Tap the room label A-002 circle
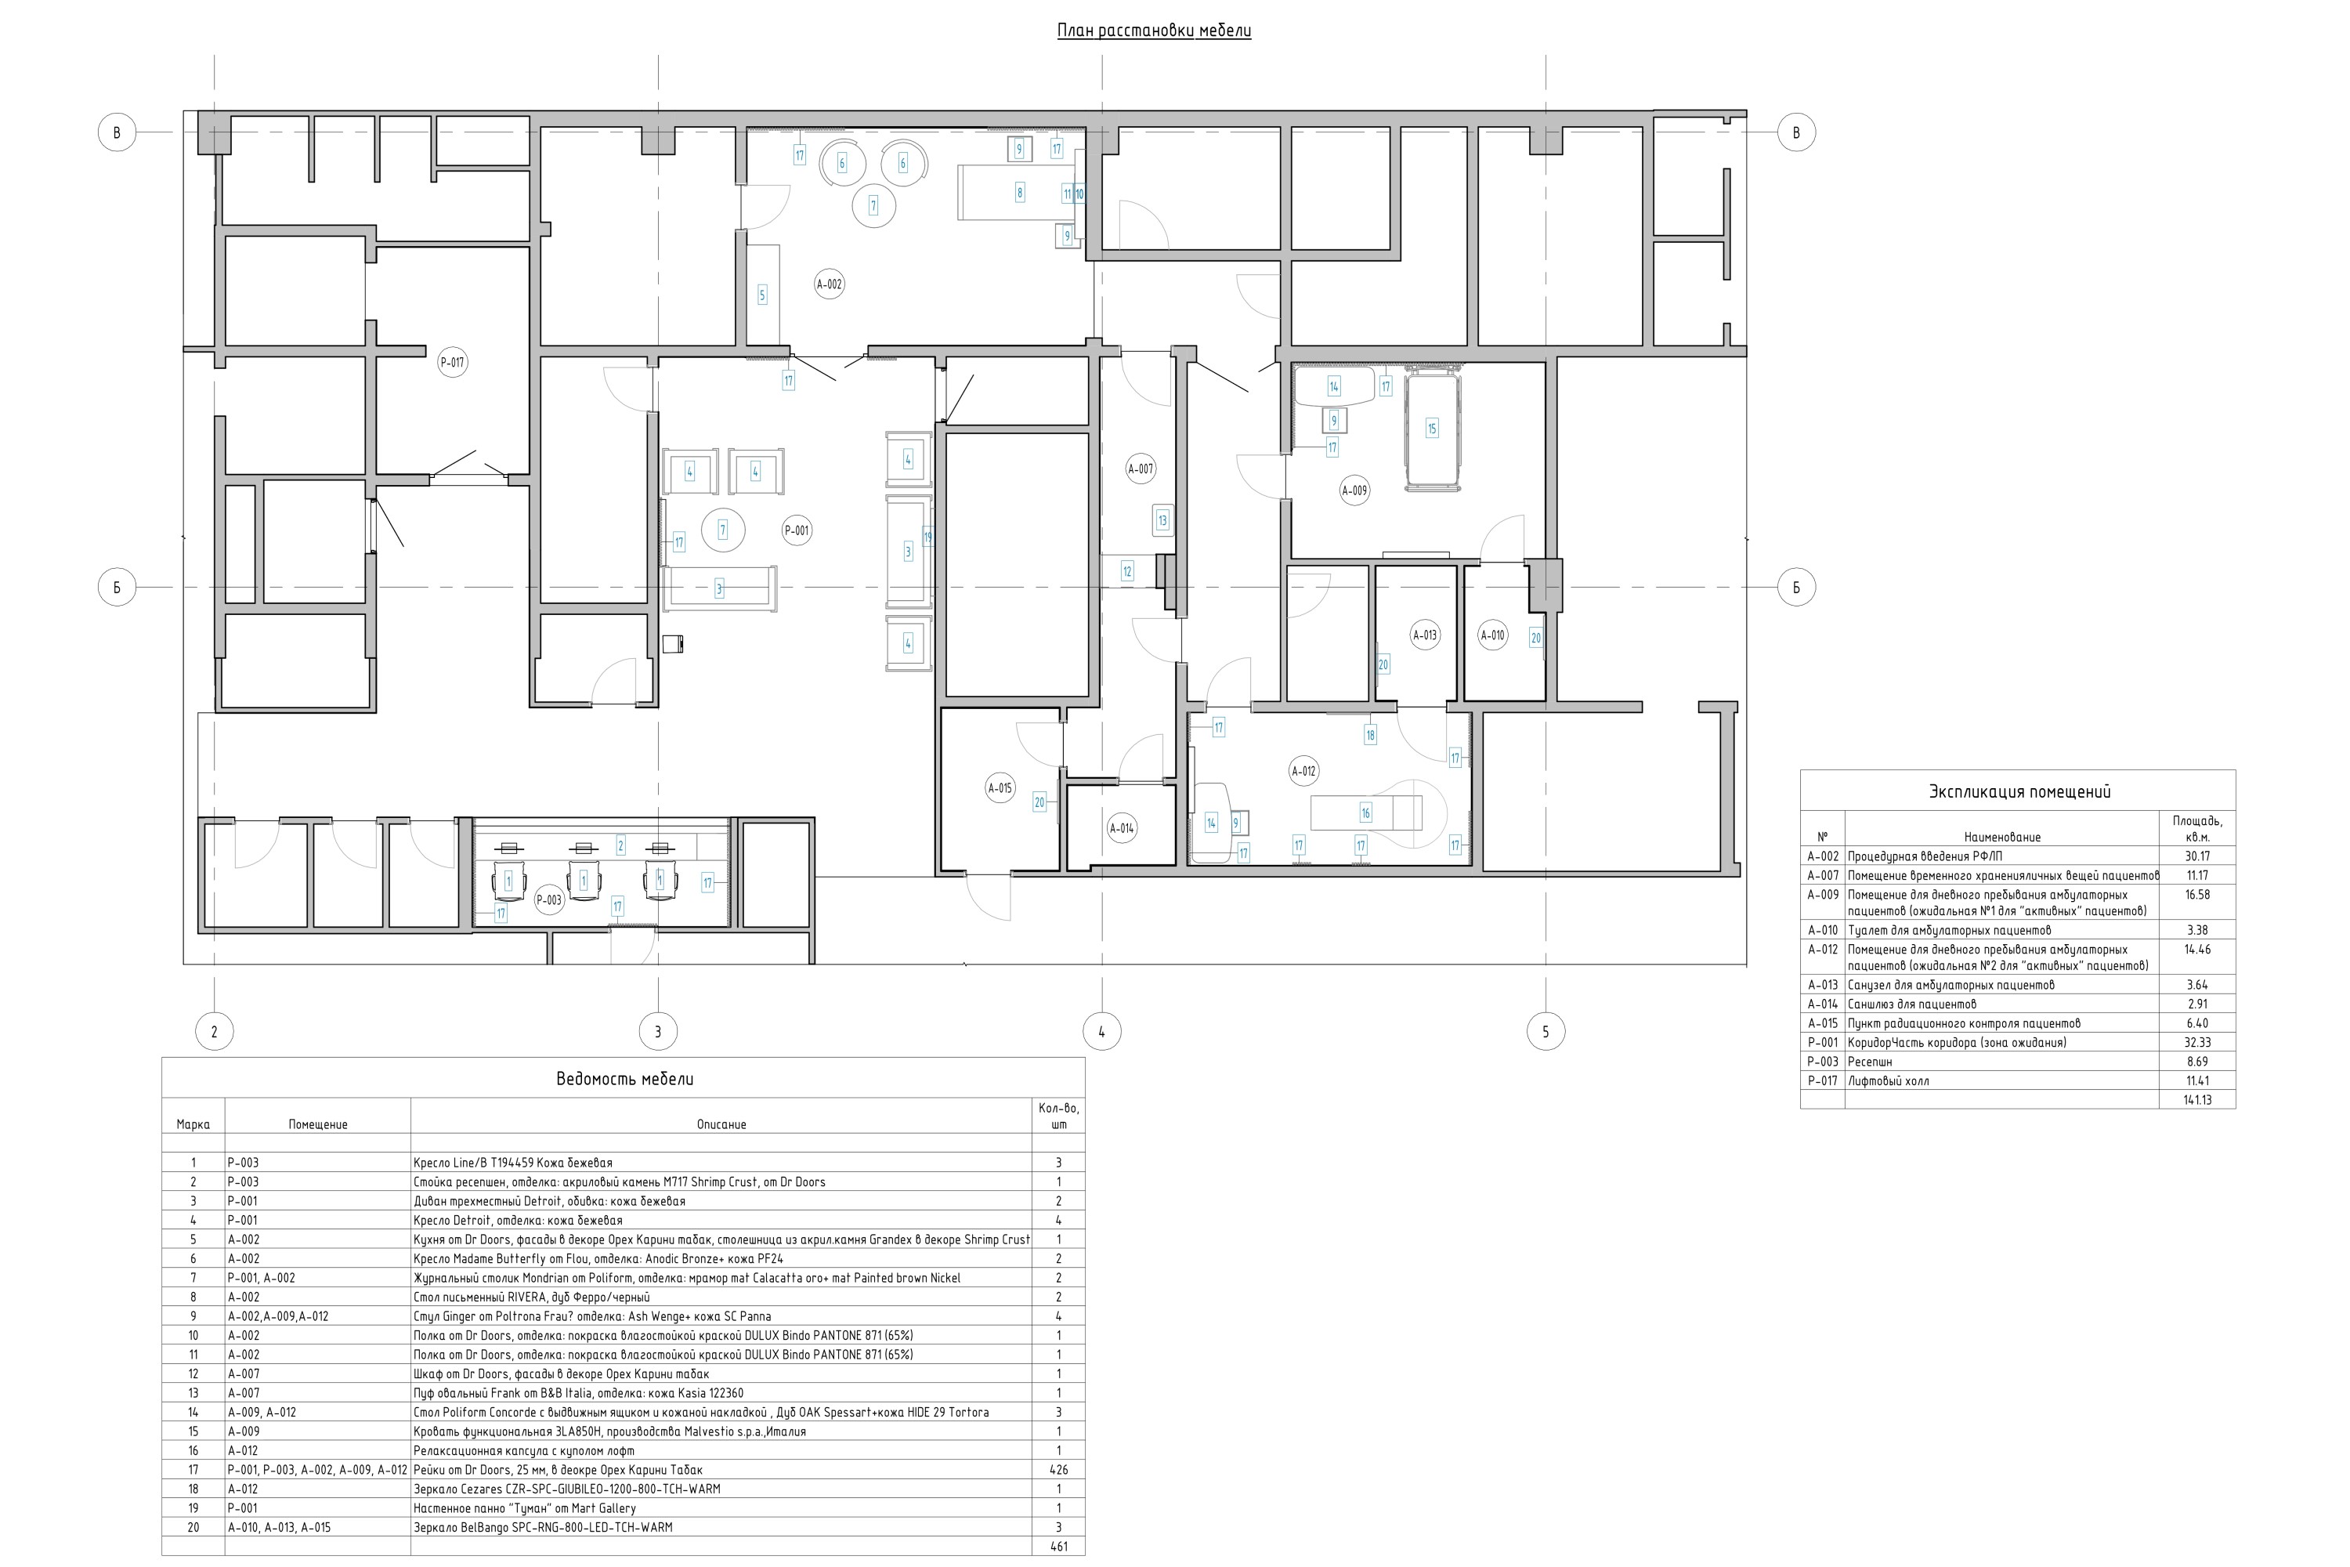(x=830, y=284)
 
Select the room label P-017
(x=453, y=363)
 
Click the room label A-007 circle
(x=1140, y=469)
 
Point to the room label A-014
(x=1122, y=827)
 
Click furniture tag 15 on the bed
(x=1432, y=429)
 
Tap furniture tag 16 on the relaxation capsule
(x=1366, y=813)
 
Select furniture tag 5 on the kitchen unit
(x=762, y=295)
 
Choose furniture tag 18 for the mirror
(x=1370, y=735)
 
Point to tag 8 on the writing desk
(x=1019, y=193)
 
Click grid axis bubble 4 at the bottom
(x=1102, y=1031)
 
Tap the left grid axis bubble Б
(x=117, y=588)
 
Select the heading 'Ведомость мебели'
(x=624, y=1080)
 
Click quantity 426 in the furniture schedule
(x=1059, y=1470)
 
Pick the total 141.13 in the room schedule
(x=2197, y=1099)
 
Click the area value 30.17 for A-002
(x=2197, y=856)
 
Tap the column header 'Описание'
(x=721, y=1124)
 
